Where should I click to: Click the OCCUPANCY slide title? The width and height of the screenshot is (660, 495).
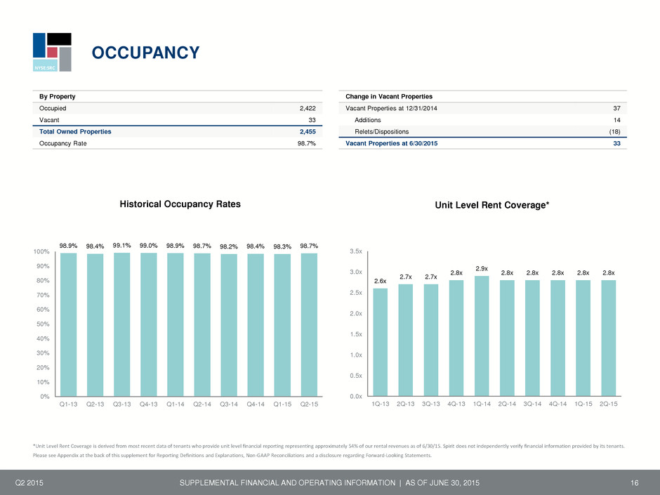tap(145, 53)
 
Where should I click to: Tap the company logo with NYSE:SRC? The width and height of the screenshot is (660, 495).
tap(52, 52)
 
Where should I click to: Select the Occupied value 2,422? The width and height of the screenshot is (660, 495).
tap(308, 108)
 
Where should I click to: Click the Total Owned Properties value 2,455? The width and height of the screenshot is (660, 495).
tap(308, 132)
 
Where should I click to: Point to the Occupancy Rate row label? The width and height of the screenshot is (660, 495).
tap(62, 143)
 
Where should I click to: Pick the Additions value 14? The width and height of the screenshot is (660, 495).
tap(616, 120)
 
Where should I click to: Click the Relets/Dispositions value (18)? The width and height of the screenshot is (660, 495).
tap(614, 132)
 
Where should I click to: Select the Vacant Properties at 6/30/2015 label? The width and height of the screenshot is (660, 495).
tap(392, 143)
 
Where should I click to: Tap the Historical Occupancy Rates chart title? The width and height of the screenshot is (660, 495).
tap(180, 204)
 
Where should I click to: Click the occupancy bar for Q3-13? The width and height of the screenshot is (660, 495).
tap(121, 324)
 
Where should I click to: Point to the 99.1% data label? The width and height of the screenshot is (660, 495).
tap(121, 246)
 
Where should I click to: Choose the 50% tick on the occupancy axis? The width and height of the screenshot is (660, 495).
tap(43, 324)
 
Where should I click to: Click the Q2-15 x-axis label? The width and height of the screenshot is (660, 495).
tap(309, 404)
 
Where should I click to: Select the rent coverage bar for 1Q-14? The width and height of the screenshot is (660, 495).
tap(482, 336)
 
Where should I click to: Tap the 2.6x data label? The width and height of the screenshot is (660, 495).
tap(380, 281)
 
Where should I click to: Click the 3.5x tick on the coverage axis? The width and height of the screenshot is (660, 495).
tap(356, 251)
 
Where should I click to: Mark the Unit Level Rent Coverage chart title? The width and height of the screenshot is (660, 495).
tap(492, 205)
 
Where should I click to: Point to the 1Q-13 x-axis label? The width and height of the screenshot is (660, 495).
tap(380, 404)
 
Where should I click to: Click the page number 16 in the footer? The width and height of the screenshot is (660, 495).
tap(634, 483)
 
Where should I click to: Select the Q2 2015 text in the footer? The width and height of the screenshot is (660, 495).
tap(29, 483)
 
